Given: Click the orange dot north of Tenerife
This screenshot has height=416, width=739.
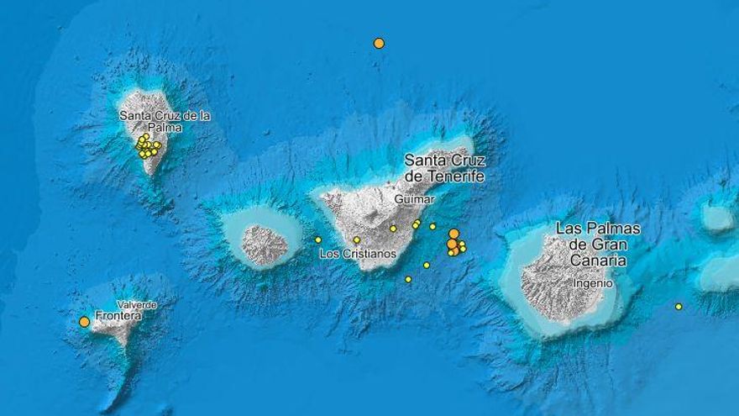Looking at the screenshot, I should coord(379,43).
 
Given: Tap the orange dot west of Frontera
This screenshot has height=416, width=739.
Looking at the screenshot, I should coord(84,321).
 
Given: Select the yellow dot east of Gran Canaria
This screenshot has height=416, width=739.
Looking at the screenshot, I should coord(679,307).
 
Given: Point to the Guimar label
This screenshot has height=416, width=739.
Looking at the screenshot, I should coord(414,200).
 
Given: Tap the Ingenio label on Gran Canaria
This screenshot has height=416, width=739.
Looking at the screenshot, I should coord(593,283).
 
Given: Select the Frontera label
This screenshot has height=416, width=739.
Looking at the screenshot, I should coord(118,316).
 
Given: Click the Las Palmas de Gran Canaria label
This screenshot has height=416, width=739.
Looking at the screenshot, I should coord(598,245).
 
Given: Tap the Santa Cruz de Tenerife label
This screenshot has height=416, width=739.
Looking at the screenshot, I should coord(444,168).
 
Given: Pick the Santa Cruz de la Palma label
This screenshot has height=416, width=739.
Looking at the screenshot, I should coord(165,121).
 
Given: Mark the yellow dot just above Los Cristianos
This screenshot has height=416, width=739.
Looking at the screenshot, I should coord(356,240).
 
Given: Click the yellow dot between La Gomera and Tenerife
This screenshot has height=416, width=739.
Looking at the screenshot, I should coord(318,240).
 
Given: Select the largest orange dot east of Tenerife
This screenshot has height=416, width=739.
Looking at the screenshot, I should coord(453,234).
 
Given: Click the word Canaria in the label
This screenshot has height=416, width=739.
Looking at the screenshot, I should coord(598,261).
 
